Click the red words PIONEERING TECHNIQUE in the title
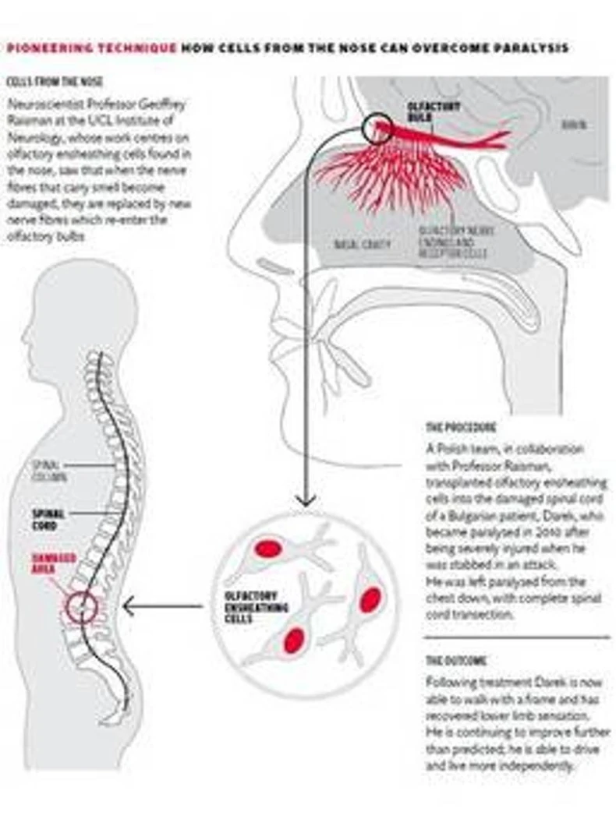pos(92,48)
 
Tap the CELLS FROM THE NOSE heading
pos(55,82)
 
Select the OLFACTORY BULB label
pos(423,111)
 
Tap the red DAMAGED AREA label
pos(54,563)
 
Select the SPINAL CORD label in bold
pos(48,520)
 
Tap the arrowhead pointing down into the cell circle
pos(308,500)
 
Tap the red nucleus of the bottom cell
pos(293,641)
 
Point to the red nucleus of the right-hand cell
pos(372,600)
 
